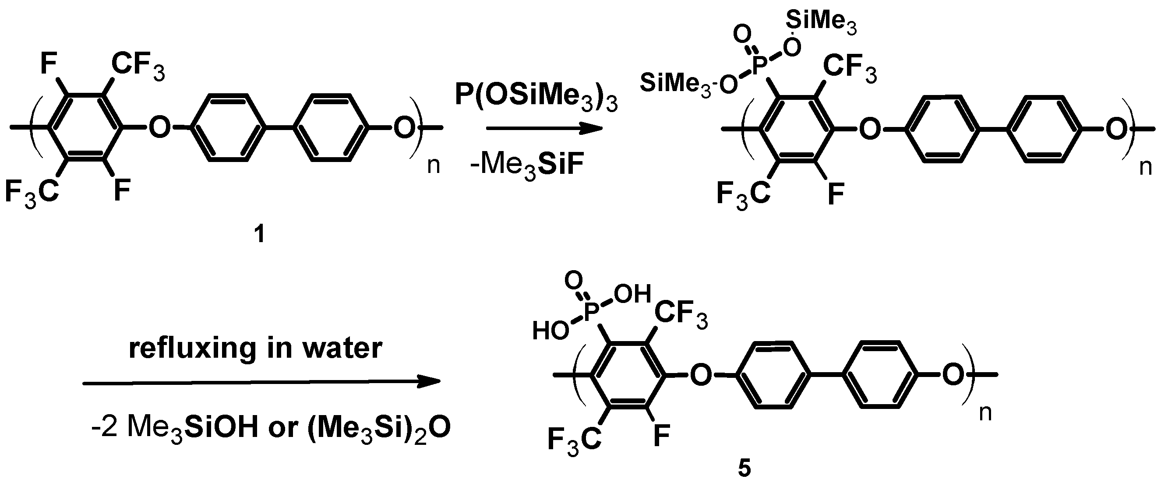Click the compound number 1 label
click(x=259, y=234)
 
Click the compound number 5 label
click(x=744, y=468)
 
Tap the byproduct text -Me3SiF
click(x=526, y=166)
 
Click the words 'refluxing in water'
click(x=256, y=349)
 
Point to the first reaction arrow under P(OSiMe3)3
click(x=544, y=129)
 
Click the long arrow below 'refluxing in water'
click(x=261, y=382)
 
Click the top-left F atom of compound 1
click(x=49, y=63)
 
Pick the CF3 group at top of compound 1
click(x=138, y=66)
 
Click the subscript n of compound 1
click(x=433, y=166)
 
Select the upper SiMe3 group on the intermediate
click(x=821, y=21)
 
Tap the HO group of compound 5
click(x=550, y=331)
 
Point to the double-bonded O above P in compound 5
click(x=573, y=281)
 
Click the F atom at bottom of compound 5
click(x=661, y=436)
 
